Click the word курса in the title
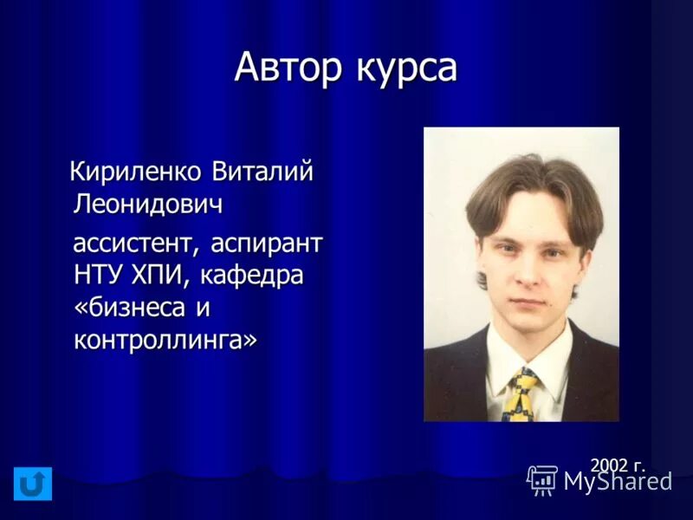(405, 68)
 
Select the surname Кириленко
(138, 172)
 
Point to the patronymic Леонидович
(148, 205)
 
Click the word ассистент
(134, 242)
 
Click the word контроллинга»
(165, 340)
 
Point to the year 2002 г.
(617, 465)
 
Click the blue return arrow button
(33, 484)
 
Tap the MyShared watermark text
(618, 481)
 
